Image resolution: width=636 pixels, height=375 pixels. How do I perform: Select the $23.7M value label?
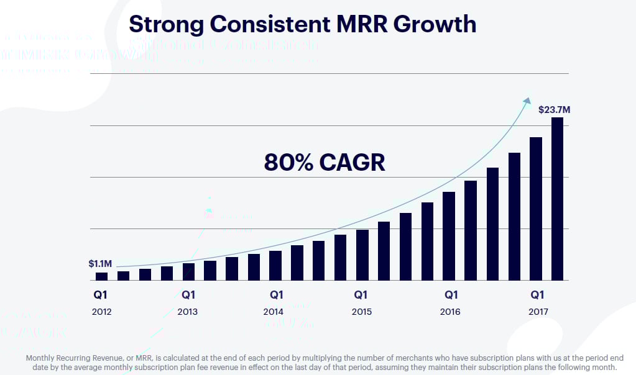pyautogui.click(x=554, y=110)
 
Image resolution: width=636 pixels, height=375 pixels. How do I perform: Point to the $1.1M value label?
pyautogui.click(x=101, y=263)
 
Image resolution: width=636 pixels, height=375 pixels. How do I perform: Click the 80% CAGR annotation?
pyautogui.click(x=325, y=162)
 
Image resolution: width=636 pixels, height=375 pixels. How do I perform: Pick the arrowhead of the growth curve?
pyautogui.click(x=527, y=101)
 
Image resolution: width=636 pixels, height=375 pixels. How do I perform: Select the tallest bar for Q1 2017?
pyautogui.click(x=557, y=199)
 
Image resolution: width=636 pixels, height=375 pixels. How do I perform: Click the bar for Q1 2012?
pyautogui.click(x=101, y=276)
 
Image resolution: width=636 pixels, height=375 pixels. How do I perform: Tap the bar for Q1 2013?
pyautogui.click(x=188, y=272)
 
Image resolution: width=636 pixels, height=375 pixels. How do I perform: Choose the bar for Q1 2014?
pyautogui.click(x=275, y=266)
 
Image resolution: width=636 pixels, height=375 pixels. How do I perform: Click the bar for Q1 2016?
pyautogui.click(x=449, y=236)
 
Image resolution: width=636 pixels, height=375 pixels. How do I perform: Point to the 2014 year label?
pyautogui.click(x=274, y=312)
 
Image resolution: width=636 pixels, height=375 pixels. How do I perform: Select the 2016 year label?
pyautogui.click(x=450, y=312)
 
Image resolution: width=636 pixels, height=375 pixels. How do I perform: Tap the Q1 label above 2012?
pyautogui.click(x=101, y=294)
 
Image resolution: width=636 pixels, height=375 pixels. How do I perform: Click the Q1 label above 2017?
pyautogui.click(x=538, y=294)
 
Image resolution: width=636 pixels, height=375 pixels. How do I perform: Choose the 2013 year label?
pyautogui.click(x=188, y=312)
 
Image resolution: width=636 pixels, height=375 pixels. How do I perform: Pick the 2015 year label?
pyautogui.click(x=361, y=312)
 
